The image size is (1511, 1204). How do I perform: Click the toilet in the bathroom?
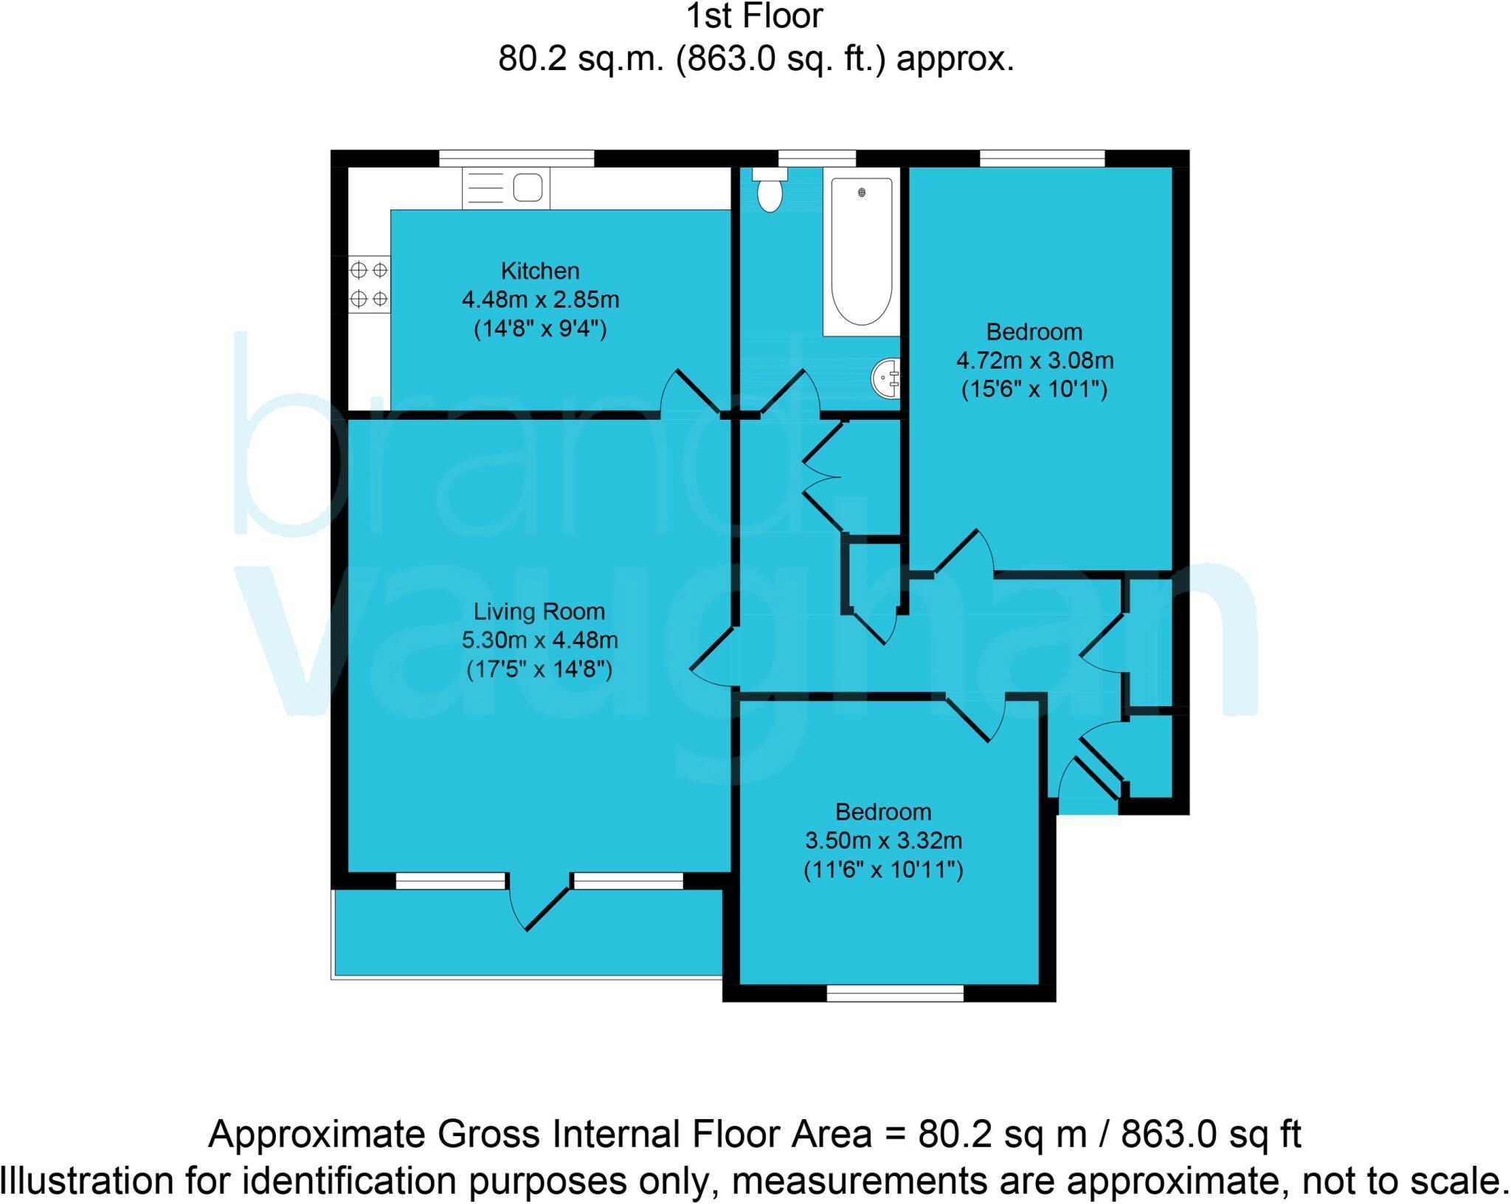pyautogui.click(x=770, y=191)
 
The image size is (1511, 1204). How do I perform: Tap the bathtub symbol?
pyautogui.click(x=861, y=251)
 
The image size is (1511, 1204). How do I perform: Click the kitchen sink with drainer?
pyautogui.click(x=506, y=188)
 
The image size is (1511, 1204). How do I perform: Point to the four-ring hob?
pyautogui.click(x=369, y=285)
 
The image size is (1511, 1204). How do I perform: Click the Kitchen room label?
pyautogui.click(x=540, y=271)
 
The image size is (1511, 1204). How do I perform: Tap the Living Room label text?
pyautogui.click(x=539, y=612)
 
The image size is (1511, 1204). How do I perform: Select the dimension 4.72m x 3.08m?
pyautogui.click(x=1034, y=361)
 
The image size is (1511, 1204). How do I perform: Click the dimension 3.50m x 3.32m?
pyautogui.click(x=883, y=840)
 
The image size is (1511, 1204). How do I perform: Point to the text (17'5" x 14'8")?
pyautogui.click(x=539, y=670)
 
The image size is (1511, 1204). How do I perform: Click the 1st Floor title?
pyautogui.click(x=754, y=16)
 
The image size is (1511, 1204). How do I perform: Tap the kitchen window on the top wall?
pyautogui.click(x=516, y=158)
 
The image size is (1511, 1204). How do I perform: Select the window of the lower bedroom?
pyautogui.click(x=895, y=994)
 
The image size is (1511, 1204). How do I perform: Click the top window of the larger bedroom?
pyautogui.click(x=1042, y=158)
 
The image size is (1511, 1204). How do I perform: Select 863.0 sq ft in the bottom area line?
pyautogui.click(x=1211, y=1134)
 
